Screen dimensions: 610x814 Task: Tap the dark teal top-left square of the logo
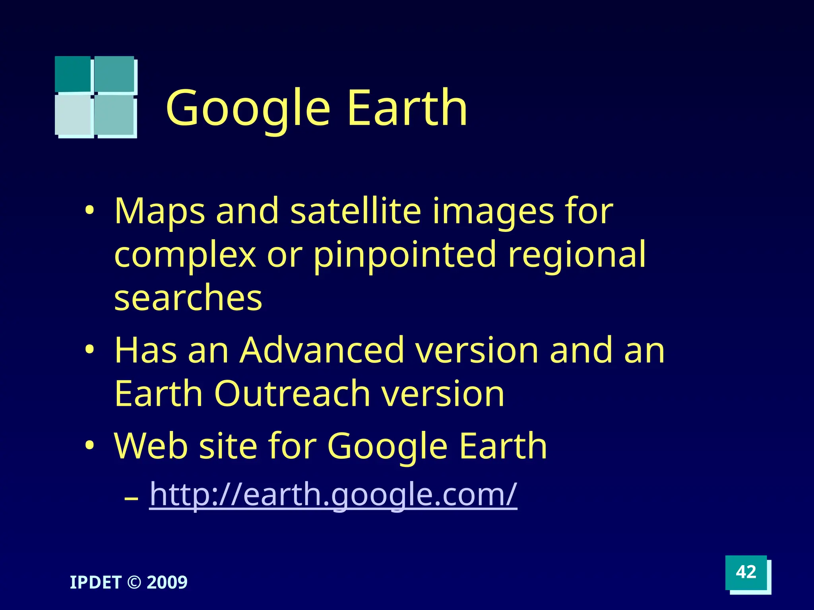coord(73,74)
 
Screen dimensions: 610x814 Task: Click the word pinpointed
coord(405,255)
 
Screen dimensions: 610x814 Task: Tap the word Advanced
coord(322,350)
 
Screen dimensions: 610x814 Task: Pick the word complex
coord(185,255)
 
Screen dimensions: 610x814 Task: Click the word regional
coord(577,255)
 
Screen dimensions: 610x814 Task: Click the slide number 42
coord(746,572)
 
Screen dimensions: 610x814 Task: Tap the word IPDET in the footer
coord(95,583)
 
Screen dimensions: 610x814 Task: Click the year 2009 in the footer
coord(167,583)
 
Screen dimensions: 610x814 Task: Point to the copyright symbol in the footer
coord(134,583)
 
